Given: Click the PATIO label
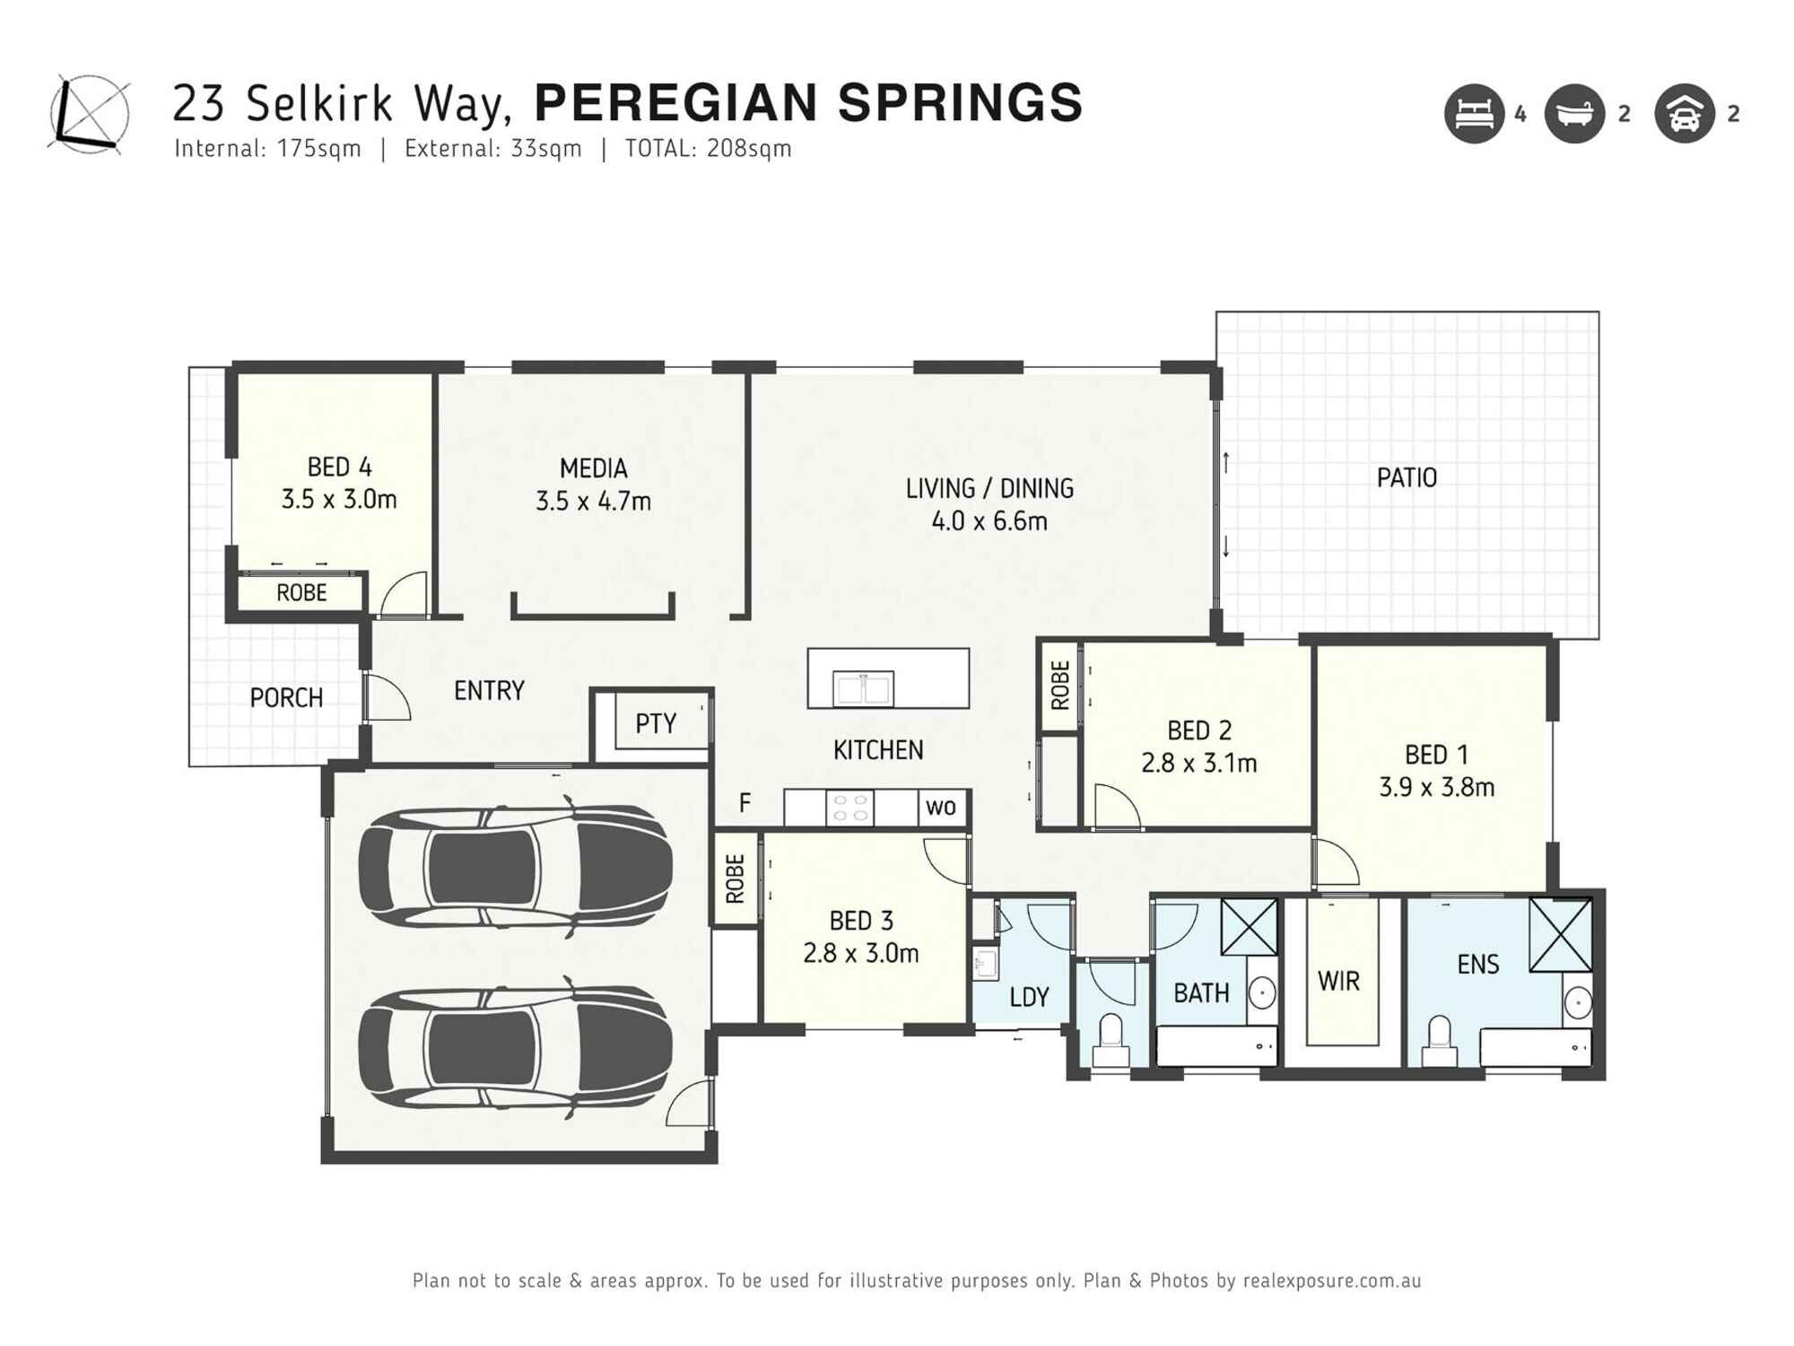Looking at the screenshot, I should coord(1406,478).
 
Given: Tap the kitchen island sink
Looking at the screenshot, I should coord(862,689).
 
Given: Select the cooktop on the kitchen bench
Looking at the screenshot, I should coord(849,807).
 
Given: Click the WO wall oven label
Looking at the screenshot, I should coord(940,807).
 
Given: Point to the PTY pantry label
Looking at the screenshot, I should coord(656,723).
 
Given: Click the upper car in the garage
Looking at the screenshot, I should coord(515,868).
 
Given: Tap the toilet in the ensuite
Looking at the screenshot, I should coord(1439,1039).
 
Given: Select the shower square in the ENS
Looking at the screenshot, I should coord(1560,934).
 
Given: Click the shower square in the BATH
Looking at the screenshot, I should coord(1249,927).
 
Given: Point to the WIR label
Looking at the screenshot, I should coord(1338,982).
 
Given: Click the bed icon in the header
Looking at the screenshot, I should coord(1474,114).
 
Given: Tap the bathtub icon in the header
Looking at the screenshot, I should coord(1574,114).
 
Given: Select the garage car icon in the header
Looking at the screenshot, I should coord(1684,114).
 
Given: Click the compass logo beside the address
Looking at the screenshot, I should coord(89,115).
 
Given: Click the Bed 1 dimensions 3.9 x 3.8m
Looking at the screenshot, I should coord(1436,788).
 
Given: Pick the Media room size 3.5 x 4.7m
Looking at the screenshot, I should coord(593,502).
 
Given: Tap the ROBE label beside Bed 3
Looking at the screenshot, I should coord(735,878).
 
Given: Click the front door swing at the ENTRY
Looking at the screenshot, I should coord(388,698).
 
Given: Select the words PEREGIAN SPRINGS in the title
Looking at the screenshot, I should coord(808,102).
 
